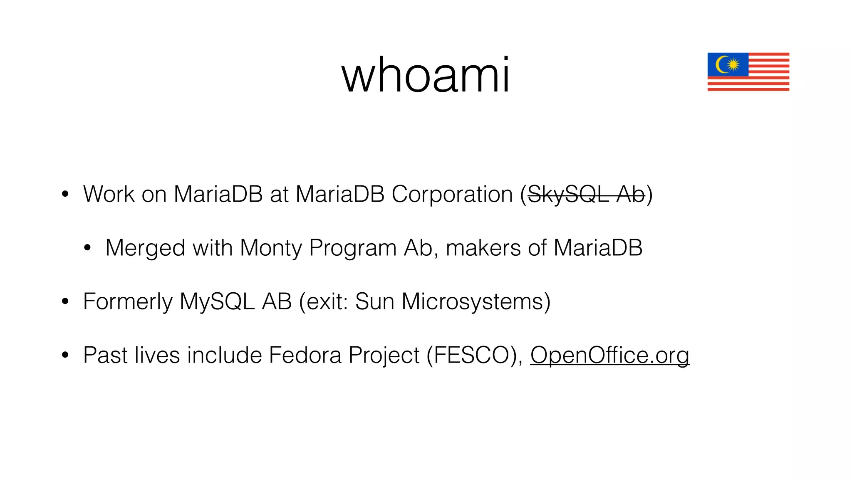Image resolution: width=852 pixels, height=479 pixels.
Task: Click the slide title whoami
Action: click(426, 75)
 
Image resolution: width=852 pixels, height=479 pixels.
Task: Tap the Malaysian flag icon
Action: click(748, 72)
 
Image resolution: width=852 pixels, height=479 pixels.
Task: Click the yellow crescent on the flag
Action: click(721, 64)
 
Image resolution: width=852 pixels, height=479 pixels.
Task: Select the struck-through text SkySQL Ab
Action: click(586, 194)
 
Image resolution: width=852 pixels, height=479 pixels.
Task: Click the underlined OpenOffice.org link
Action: click(609, 355)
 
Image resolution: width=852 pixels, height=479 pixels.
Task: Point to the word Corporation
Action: click(452, 194)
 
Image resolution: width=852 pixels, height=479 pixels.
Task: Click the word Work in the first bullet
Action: click(109, 194)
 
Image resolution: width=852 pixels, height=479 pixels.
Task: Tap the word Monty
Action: click(271, 248)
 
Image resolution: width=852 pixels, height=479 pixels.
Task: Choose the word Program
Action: click(353, 248)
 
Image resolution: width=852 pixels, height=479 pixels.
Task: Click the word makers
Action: click(483, 248)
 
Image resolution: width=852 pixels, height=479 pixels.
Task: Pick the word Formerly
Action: click(127, 302)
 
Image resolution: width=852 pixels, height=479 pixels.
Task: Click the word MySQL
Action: click(217, 302)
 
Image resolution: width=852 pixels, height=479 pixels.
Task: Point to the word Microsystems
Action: click(472, 302)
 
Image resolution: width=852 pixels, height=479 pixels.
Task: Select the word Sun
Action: click(374, 302)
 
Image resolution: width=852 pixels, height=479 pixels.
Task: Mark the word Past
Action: click(105, 355)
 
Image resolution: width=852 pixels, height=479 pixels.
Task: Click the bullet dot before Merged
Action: click(87, 248)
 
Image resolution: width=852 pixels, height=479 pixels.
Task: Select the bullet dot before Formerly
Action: click(65, 302)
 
